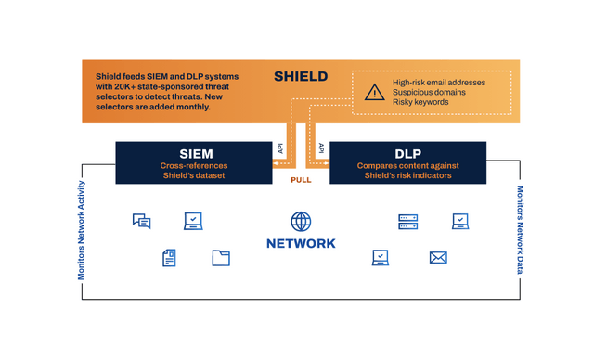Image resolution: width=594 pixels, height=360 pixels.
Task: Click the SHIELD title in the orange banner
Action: pyautogui.click(x=301, y=76)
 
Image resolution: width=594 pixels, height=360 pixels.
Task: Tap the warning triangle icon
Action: pyautogui.click(x=374, y=92)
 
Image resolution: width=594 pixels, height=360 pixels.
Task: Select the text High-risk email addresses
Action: pyautogui.click(x=439, y=83)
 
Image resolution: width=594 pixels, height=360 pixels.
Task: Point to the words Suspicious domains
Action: pyautogui.click(x=429, y=93)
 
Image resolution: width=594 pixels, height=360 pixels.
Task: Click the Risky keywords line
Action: pyautogui.click(x=420, y=102)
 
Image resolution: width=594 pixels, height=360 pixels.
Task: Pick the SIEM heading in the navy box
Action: pyautogui.click(x=196, y=154)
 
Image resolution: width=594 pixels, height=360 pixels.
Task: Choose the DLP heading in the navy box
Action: pyautogui.click(x=407, y=154)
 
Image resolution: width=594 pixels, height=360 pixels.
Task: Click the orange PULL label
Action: pyautogui.click(x=301, y=180)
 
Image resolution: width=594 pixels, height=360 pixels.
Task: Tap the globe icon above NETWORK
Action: pyautogui.click(x=301, y=222)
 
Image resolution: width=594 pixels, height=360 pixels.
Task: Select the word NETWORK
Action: pyautogui.click(x=301, y=243)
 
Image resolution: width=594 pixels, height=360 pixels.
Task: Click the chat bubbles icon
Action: pyautogui.click(x=142, y=222)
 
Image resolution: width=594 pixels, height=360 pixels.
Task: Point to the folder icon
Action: pyautogui.click(x=221, y=258)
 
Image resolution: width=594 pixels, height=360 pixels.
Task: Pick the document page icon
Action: pyautogui.click(x=169, y=258)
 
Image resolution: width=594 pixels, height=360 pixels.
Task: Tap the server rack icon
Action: pyautogui.click(x=408, y=222)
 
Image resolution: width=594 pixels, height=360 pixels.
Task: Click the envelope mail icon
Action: pyautogui.click(x=438, y=258)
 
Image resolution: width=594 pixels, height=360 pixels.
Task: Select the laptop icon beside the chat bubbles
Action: pyautogui.click(x=193, y=222)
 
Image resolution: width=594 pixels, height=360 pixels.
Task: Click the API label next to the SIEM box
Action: pyautogui.click(x=280, y=148)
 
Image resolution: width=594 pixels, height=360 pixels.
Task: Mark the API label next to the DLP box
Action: pyautogui.click(x=321, y=148)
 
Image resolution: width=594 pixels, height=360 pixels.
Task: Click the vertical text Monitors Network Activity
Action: pyautogui.click(x=81, y=230)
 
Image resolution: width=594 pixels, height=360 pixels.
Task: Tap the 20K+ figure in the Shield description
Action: pyautogui.click(x=124, y=86)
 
